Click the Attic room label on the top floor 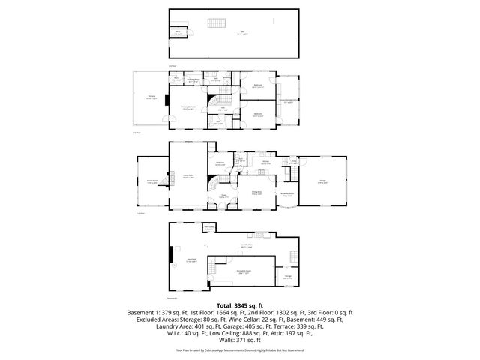click(x=241, y=34)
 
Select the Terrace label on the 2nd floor click(x=151, y=97)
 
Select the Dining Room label click(x=256, y=193)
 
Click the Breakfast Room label click(x=286, y=193)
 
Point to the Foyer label click(x=223, y=196)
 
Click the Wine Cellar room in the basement click(x=209, y=228)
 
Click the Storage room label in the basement click(x=288, y=277)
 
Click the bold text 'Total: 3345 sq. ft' click(x=240, y=306)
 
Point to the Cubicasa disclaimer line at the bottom click(x=240, y=349)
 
